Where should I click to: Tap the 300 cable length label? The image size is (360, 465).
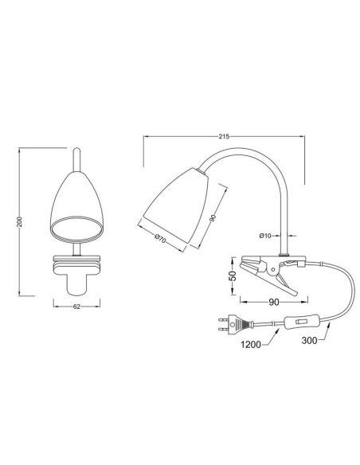pyautogui.click(x=309, y=340)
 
